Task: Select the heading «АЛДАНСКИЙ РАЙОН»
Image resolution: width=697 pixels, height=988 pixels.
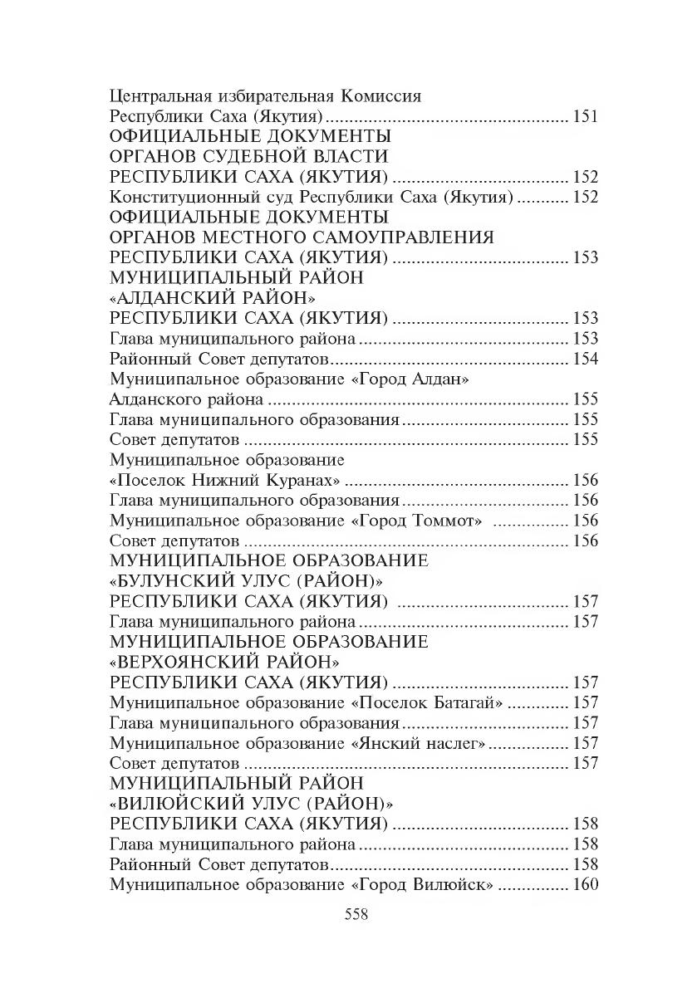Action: click(215, 298)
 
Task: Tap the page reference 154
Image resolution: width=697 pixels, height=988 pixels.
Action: click(585, 359)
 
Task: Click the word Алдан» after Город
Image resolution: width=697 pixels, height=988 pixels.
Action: click(440, 379)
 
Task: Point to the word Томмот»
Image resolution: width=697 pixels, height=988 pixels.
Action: click(448, 521)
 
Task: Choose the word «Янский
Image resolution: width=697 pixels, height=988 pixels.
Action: click(385, 743)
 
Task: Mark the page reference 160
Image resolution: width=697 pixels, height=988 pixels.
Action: click(585, 885)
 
